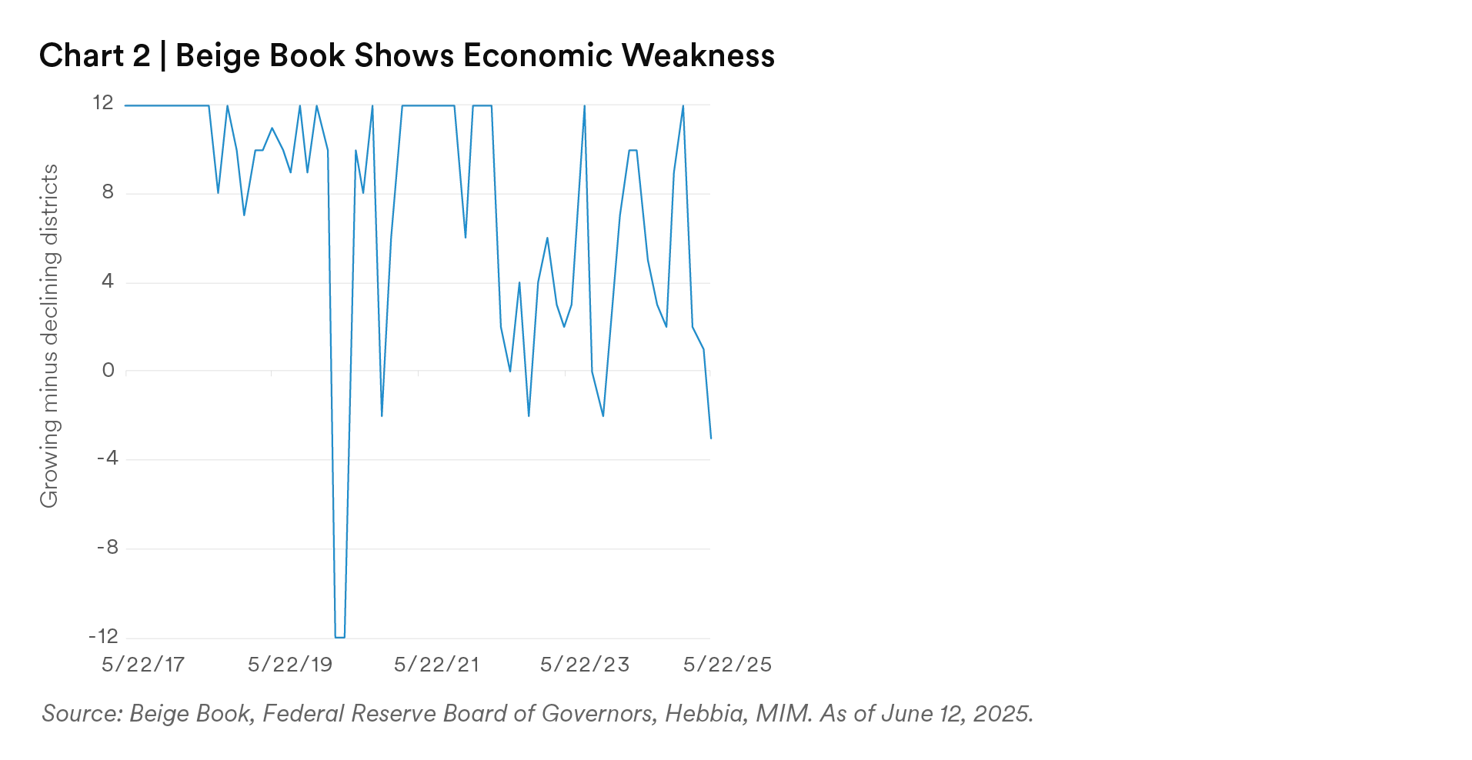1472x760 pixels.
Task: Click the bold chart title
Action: tap(406, 57)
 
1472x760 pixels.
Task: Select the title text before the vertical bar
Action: tap(95, 57)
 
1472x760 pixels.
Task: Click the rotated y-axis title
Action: tap(49, 335)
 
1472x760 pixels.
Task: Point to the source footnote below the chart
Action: tap(535, 715)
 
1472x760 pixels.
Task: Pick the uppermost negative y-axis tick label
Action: tap(107, 459)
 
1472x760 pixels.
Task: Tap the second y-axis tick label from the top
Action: tap(108, 193)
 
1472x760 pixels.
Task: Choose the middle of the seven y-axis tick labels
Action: tap(108, 371)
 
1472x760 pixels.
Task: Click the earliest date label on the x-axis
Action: tap(142, 664)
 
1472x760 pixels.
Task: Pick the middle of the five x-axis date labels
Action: tap(437, 664)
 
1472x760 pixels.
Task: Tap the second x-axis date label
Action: tap(289, 664)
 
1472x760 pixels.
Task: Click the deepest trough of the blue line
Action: tap(339, 635)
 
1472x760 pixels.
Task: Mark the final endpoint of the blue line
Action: tap(712, 441)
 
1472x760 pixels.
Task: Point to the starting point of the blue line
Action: tap(125, 106)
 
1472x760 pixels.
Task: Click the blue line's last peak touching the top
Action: tap(683, 108)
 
